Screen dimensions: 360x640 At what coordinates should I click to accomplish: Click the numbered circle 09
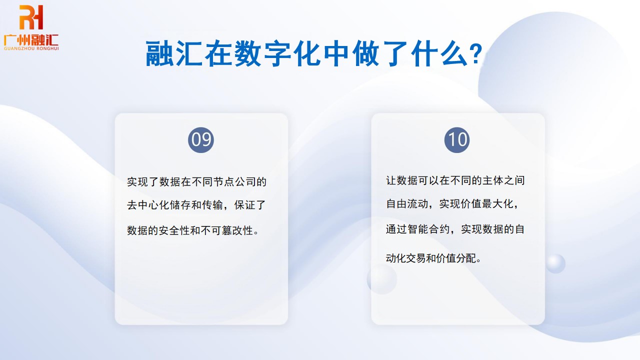coord(201,140)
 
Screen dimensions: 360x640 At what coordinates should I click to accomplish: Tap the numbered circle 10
coord(457,140)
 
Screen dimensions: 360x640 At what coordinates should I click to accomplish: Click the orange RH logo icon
coord(31,18)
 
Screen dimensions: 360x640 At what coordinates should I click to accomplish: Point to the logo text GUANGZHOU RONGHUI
coord(31,48)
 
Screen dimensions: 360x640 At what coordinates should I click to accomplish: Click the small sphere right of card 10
coord(555,263)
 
